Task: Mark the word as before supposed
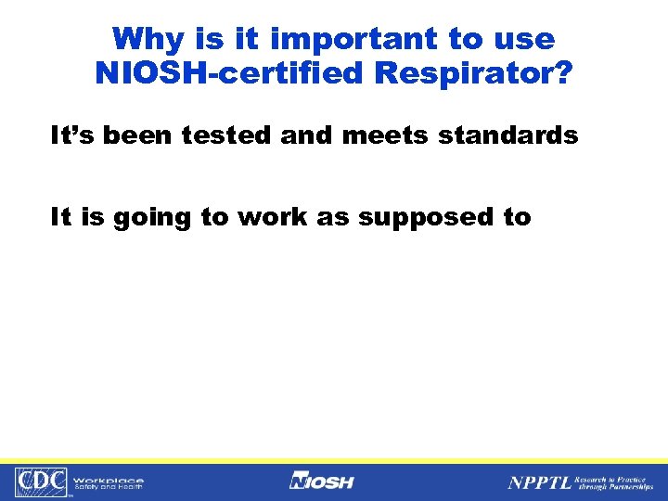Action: coord(337,218)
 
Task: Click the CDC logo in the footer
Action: coord(43,482)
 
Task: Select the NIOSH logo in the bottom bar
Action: coord(321,481)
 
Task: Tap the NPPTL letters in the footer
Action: coord(539,482)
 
